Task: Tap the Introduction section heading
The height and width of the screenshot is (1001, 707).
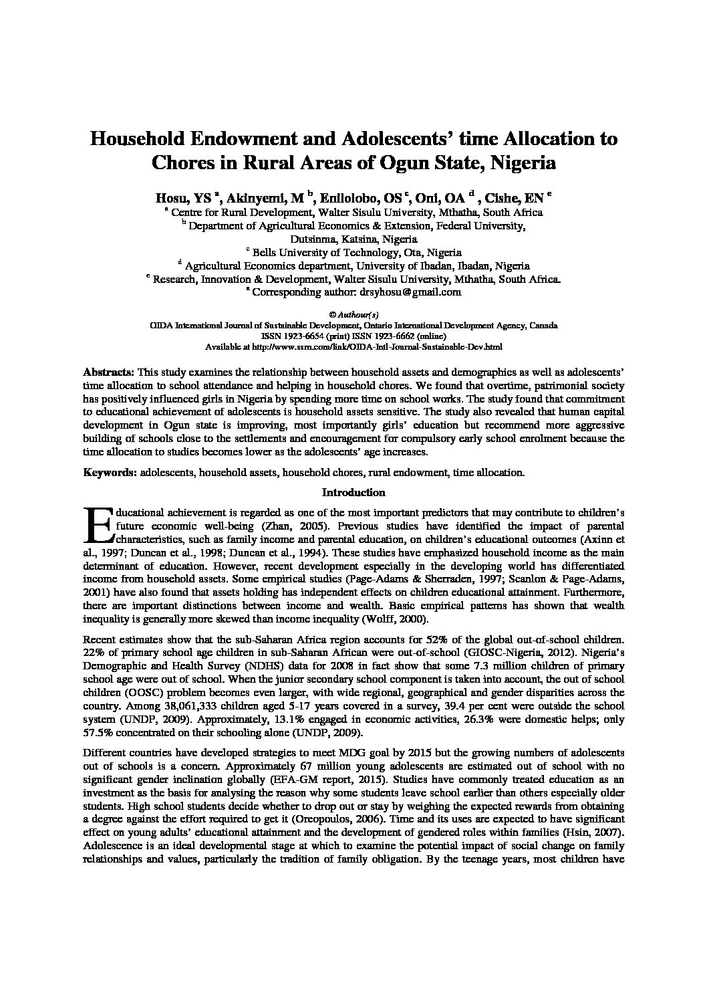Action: [353, 493]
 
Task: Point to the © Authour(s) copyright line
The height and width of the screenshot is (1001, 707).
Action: [353, 314]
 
